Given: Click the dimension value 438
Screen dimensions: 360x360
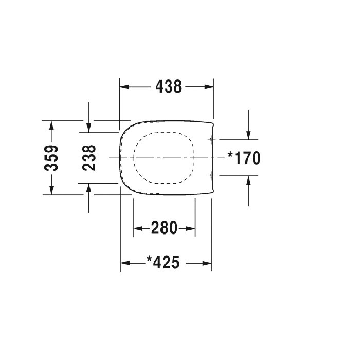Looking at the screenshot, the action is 169,87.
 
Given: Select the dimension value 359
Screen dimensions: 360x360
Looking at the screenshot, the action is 51,158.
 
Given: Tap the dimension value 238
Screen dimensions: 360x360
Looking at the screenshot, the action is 89,158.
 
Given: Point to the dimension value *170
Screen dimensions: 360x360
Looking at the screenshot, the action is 244,158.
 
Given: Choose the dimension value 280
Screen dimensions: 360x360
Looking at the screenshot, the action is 165,228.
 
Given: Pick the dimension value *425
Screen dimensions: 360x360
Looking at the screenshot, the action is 163,262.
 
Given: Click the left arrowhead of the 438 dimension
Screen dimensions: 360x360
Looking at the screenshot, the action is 124,87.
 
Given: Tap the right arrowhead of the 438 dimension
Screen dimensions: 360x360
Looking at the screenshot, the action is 209,87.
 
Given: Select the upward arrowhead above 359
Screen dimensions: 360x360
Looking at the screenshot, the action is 51,126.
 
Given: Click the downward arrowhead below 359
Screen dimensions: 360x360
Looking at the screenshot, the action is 51,190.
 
